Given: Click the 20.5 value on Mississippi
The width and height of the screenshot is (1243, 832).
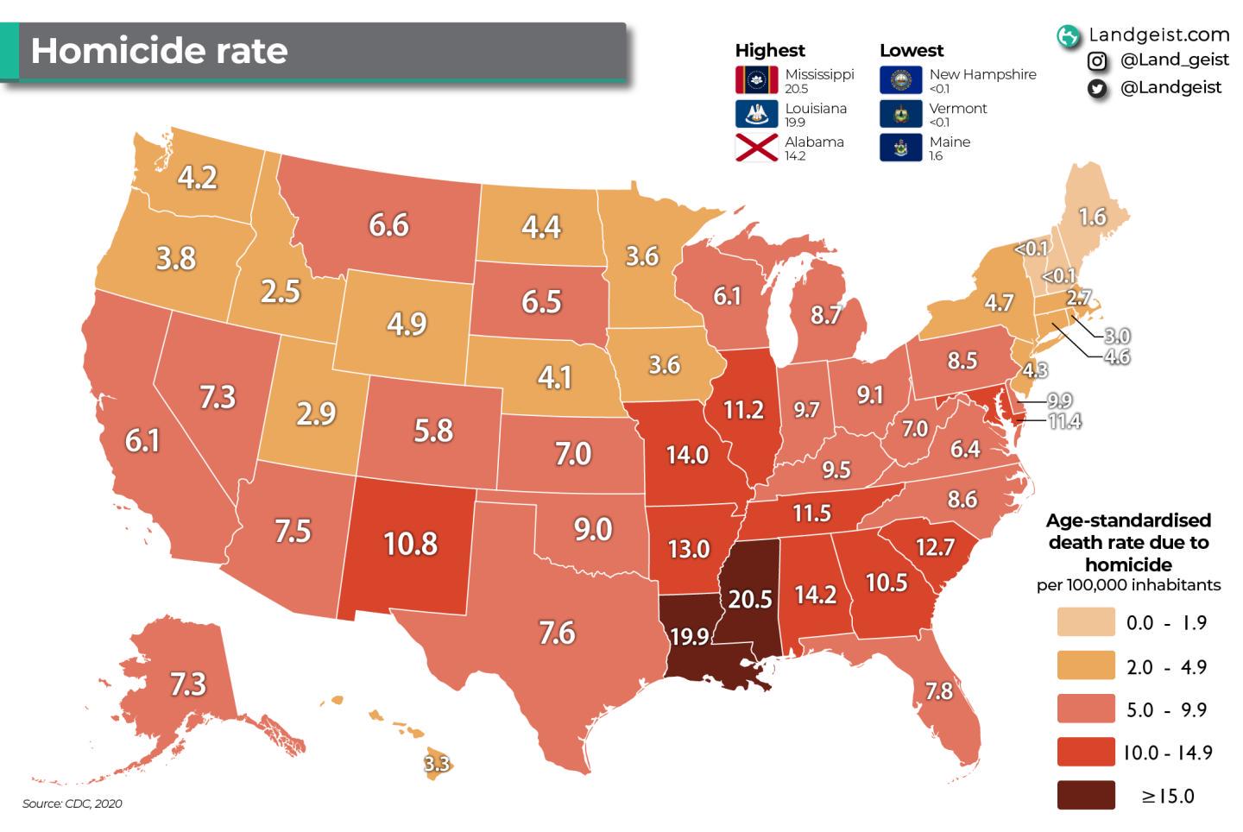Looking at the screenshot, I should click(749, 598).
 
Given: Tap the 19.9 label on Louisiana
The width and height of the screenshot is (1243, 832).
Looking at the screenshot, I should click(689, 637).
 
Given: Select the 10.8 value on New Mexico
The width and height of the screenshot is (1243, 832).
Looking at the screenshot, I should click(411, 544).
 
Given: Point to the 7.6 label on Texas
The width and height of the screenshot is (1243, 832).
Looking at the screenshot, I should click(557, 633).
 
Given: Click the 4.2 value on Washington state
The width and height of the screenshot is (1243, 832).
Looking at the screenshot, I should click(197, 177).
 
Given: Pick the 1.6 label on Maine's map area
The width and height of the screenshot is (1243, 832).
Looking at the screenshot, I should click(1093, 216).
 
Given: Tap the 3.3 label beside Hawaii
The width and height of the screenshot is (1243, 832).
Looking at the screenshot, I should click(437, 764).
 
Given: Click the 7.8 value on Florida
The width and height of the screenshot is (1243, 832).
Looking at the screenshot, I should click(938, 690).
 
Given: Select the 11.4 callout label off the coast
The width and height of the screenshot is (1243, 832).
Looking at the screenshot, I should click(1064, 421).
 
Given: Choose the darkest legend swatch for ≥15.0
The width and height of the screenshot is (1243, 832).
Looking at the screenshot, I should click(1086, 795).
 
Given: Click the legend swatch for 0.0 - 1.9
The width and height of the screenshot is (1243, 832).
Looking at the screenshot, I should click(1086, 622).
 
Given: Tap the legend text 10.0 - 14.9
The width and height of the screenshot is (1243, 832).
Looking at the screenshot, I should click(1167, 753).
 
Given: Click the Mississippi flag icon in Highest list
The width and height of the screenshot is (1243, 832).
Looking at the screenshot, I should click(757, 80).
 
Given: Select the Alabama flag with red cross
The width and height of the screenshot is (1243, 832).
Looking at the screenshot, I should click(757, 148).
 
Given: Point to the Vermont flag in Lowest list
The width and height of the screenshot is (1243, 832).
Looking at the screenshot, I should click(901, 114).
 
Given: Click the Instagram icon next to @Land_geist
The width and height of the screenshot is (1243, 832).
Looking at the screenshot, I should click(1097, 60).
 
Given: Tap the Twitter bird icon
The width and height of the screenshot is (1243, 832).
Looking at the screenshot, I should click(1097, 88).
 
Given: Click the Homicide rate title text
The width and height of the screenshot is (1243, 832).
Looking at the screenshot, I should click(160, 51).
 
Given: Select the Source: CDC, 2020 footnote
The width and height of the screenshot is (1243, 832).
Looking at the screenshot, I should click(73, 804).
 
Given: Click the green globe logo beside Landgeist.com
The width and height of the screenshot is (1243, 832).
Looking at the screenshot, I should click(1069, 35).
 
